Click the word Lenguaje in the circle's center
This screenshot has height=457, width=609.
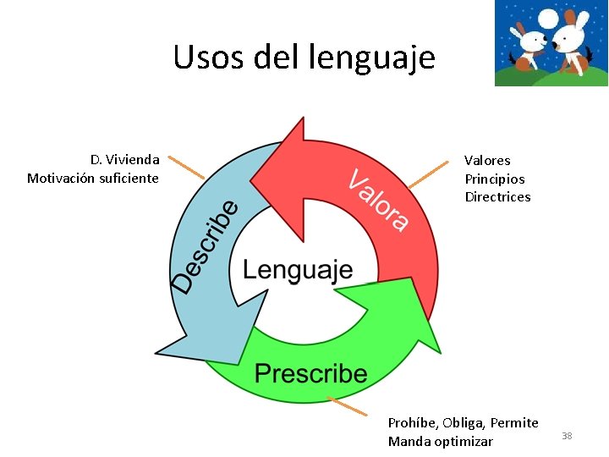(x=298, y=270)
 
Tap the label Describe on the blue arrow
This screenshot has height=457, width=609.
(x=206, y=245)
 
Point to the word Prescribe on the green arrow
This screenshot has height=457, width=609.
(x=310, y=373)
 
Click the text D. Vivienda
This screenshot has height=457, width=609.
(x=124, y=159)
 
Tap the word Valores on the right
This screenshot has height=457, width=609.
(x=487, y=160)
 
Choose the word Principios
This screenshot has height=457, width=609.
(x=494, y=179)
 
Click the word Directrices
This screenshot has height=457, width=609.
(x=497, y=197)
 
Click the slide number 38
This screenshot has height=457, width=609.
(x=567, y=436)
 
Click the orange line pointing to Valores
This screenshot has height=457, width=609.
(x=428, y=173)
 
